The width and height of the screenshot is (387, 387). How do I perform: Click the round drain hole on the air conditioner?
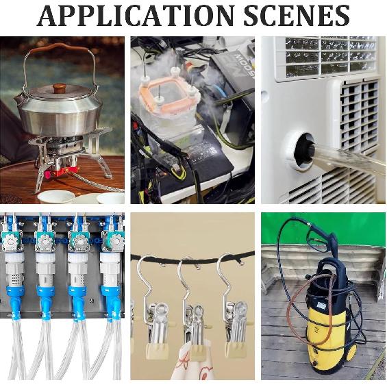pos(301,151)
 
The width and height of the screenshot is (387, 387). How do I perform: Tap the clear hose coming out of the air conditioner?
pos(351,158)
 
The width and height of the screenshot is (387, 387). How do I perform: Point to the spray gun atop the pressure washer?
pos(321,237)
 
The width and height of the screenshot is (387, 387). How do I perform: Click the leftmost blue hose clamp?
pos(14,293)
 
